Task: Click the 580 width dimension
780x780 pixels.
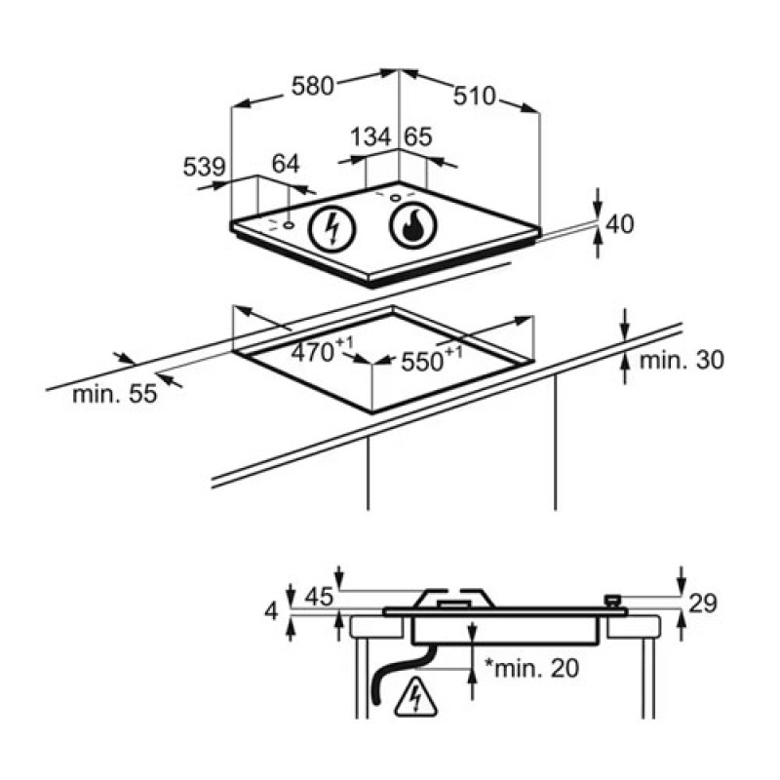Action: click(312, 86)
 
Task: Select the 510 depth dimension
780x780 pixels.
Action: click(475, 96)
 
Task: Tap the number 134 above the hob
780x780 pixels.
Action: click(371, 136)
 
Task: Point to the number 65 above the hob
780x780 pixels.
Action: click(418, 136)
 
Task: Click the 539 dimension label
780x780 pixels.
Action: click(205, 167)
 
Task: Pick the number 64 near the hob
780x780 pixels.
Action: click(286, 164)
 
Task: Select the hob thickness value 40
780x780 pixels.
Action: click(620, 224)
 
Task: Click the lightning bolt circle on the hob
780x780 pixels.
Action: click(332, 229)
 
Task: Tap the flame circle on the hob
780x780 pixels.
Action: click(412, 226)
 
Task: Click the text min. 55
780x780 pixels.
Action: click(114, 394)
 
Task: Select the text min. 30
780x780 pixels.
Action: click(682, 360)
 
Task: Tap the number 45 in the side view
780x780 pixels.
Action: click(319, 597)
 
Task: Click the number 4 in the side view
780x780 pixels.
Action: click(271, 611)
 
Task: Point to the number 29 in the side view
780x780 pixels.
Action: click(702, 604)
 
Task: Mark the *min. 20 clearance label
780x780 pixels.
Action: click(531, 668)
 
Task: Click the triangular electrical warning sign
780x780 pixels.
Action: click(415, 698)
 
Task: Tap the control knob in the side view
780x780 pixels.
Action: click(612, 601)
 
